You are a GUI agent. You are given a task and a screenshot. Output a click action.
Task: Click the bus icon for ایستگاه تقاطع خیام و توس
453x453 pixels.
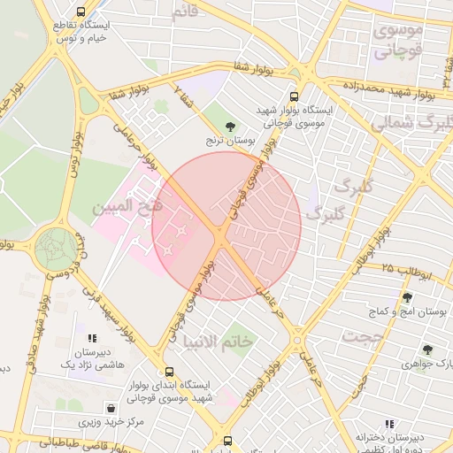[81, 12]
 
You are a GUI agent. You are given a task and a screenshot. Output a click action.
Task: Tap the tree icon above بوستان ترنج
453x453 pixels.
[231, 126]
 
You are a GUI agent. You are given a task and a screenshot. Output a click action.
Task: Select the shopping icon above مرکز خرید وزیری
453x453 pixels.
[111, 408]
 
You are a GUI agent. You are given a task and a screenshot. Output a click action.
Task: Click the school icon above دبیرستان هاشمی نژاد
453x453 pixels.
[92, 338]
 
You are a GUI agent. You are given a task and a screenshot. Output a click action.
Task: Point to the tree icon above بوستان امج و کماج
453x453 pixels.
[407, 297]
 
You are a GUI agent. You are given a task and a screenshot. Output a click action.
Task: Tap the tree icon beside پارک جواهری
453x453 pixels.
[427, 350]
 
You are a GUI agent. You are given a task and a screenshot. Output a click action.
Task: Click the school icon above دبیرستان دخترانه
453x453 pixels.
[389, 425]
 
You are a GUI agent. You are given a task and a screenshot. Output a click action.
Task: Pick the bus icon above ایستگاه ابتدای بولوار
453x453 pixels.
[169, 372]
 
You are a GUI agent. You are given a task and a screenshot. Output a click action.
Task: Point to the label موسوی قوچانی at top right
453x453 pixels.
[399, 41]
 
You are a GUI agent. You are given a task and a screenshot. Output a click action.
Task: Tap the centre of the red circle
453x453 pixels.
[226, 226]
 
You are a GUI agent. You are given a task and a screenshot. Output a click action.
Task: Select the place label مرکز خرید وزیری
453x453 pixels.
[111, 423]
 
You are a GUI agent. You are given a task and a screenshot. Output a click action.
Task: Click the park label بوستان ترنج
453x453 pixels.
[235, 140]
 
